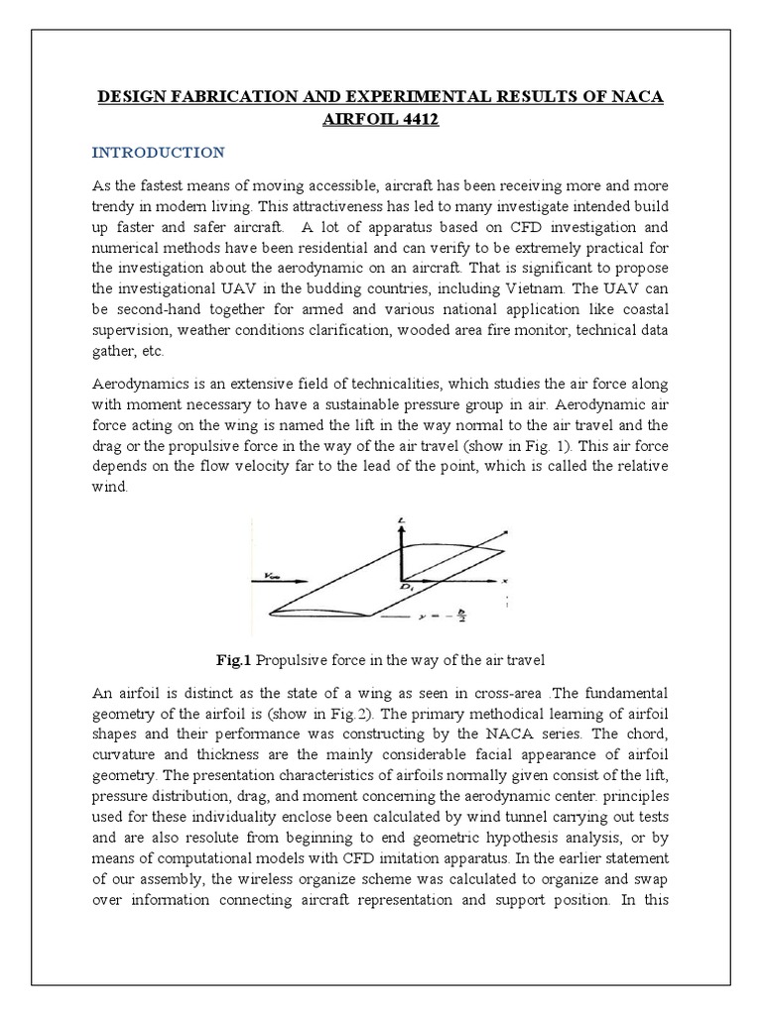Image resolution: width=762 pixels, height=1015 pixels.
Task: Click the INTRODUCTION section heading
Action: point(159,153)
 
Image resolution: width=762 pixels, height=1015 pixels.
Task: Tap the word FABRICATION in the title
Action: point(221,97)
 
